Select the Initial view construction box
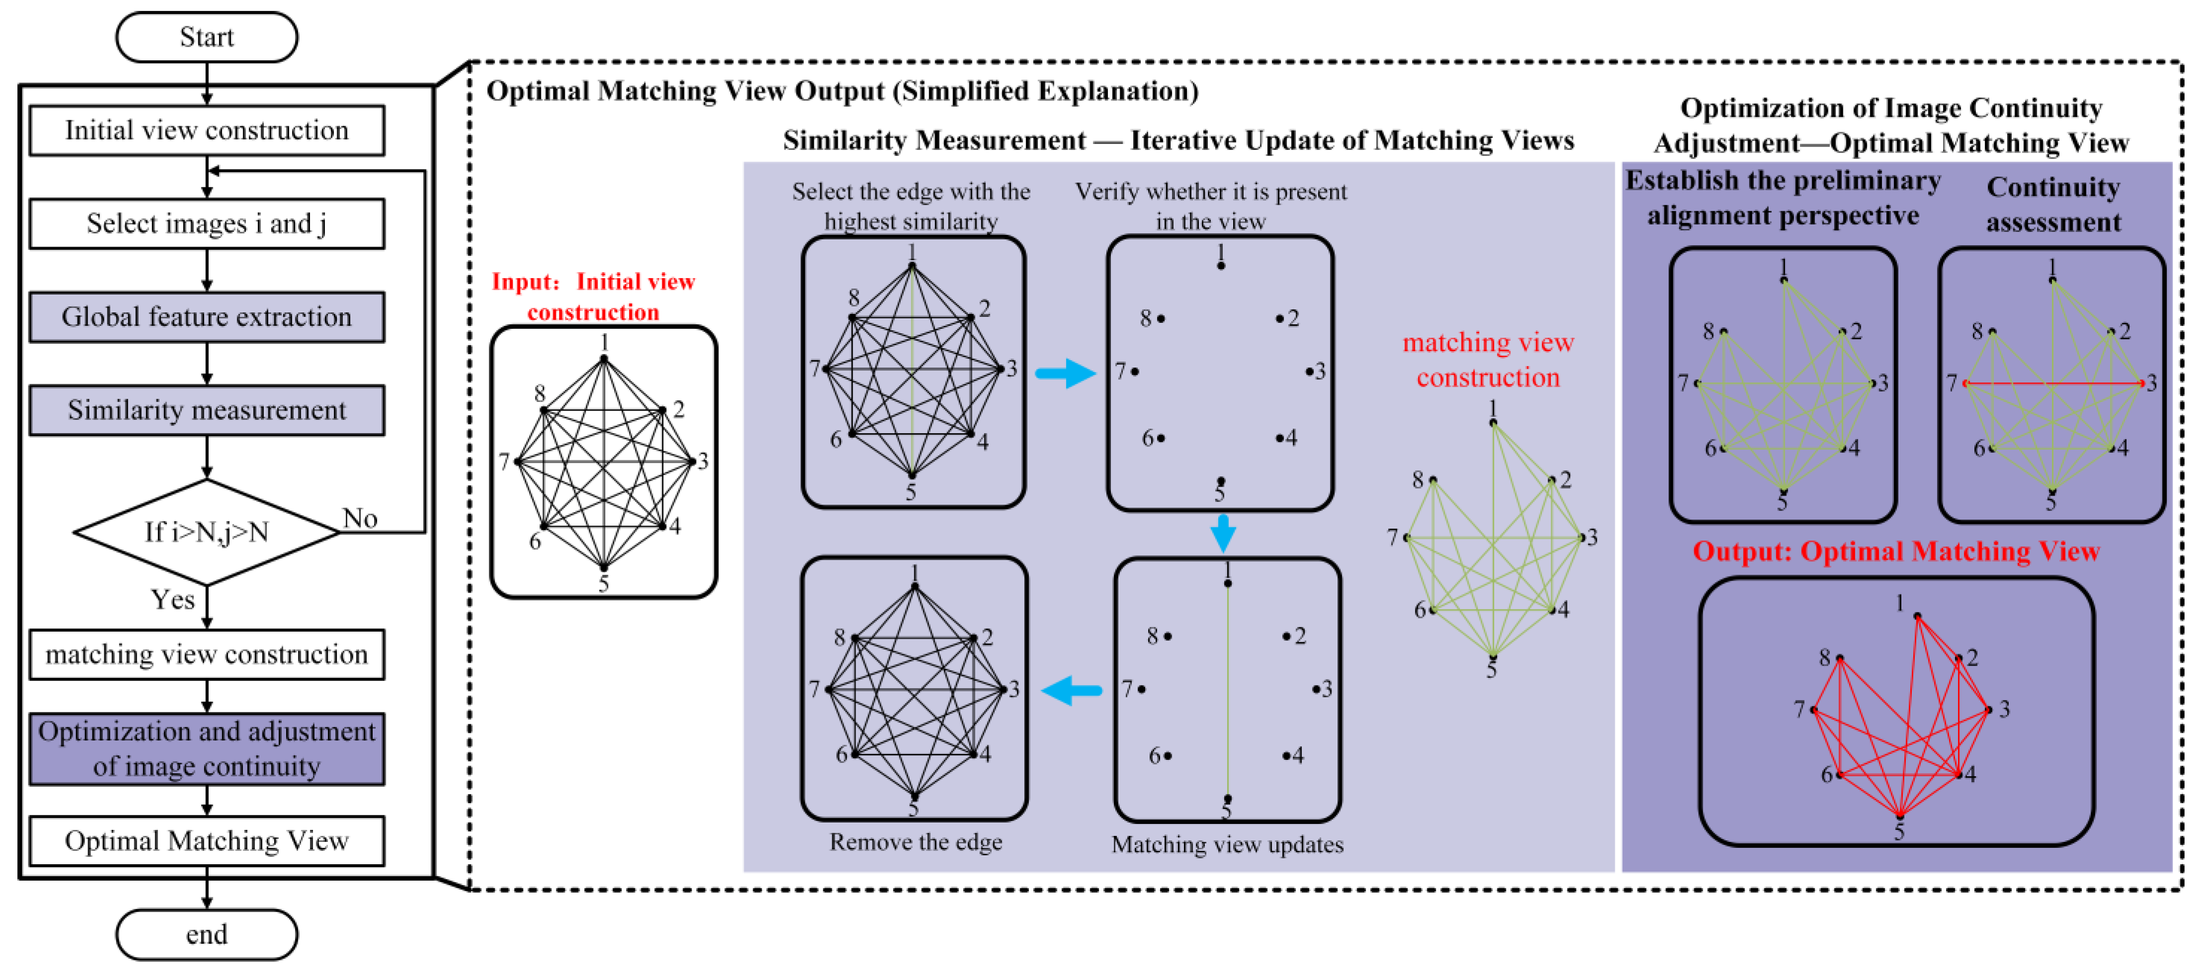(206, 131)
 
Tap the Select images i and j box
(206, 224)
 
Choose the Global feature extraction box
(206, 317)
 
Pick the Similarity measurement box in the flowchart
(206, 410)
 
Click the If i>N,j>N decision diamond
(206, 532)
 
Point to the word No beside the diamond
(360, 518)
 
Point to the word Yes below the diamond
(172, 599)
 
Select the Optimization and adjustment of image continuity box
(206, 748)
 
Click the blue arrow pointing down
(1223, 533)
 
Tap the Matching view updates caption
(1227, 844)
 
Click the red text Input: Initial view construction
(594, 296)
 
